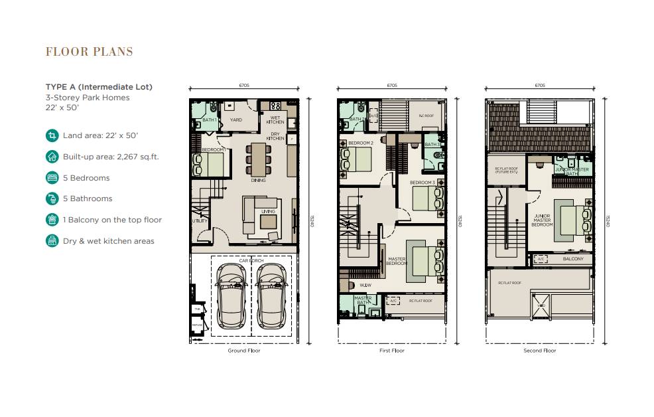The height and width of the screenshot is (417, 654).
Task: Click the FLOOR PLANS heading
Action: click(x=89, y=52)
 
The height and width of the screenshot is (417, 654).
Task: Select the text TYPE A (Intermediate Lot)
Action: click(x=99, y=87)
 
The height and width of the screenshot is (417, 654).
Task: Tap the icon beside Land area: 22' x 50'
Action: click(x=52, y=135)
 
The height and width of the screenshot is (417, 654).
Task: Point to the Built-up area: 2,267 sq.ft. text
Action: click(x=111, y=157)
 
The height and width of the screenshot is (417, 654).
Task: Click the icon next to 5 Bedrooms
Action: click(x=52, y=178)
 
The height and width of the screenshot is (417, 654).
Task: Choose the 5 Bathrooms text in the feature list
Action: click(x=88, y=199)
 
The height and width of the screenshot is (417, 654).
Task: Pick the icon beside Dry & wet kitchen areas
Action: click(x=52, y=241)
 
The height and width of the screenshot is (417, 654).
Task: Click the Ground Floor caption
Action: click(x=243, y=351)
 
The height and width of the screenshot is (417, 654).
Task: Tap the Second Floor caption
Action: click(x=539, y=351)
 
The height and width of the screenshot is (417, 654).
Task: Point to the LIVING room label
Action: click(x=268, y=212)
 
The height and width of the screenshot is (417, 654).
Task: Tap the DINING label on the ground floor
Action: click(x=258, y=180)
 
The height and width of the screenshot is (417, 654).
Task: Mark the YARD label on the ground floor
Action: click(x=235, y=120)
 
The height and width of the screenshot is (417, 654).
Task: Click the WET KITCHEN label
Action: click(x=276, y=120)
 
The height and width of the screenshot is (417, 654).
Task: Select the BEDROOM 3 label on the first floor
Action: click(x=422, y=183)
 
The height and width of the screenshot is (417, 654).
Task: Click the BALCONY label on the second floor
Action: click(x=573, y=259)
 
